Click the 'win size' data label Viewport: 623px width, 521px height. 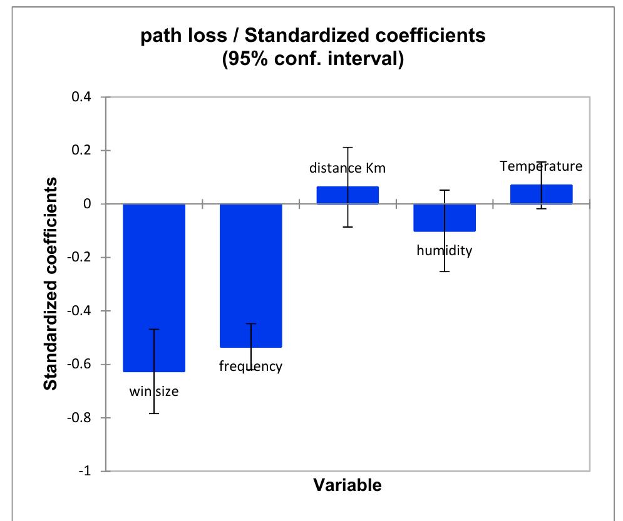pyautogui.click(x=154, y=392)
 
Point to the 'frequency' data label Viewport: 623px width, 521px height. pyautogui.click(x=250, y=367)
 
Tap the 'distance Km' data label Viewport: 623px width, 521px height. pyautogui.click(x=347, y=168)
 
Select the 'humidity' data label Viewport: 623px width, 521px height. pyautogui.click(x=444, y=251)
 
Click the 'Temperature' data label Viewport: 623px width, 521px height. pyautogui.click(x=541, y=166)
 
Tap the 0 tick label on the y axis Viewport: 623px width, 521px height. pyautogui.click(x=89, y=205)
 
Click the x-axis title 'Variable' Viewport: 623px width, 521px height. pyautogui.click(x=347, y=485)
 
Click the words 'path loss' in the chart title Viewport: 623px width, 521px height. pyautogui.click(x=187, y=36)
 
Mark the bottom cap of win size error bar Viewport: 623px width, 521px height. pyautogui.click(x=154, y=413)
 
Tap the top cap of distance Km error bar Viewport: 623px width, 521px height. pyautogui.click(x=348, y=148)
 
